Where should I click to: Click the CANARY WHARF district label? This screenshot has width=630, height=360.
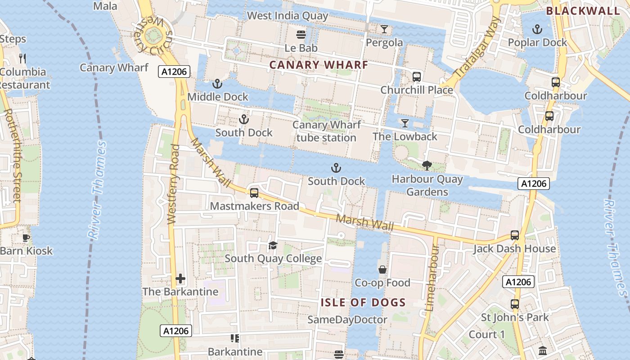tap(319, 65)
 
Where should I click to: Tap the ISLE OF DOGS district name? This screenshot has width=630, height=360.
tap(363, 302)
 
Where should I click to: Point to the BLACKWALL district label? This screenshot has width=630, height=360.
tap(583, 11)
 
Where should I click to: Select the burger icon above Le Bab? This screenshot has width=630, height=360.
tap(301, 35)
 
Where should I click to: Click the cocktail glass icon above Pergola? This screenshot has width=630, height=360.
tap(384, 29)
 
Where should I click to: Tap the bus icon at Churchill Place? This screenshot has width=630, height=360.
tap(417, 76)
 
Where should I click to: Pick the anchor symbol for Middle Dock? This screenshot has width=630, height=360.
tap(217, 84)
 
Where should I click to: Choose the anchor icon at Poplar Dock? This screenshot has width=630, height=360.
tap(537, 30)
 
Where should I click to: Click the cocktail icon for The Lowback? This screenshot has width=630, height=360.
tap(405, 123)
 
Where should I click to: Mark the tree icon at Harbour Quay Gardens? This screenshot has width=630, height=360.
tap(427, 166)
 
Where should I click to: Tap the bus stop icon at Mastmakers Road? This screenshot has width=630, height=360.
tap(254, 193)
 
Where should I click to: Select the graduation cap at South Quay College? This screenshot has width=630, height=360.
tap(273, 245)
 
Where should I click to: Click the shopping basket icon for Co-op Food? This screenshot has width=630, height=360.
tap(382, 270)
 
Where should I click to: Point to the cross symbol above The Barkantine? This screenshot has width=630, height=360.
tap(180, 279)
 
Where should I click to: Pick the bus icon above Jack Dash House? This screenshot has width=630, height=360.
tap(515, 235)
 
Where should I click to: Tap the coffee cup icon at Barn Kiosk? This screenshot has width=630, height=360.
tap(26, 238)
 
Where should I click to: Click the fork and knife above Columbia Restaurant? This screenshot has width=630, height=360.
tap(23, 58)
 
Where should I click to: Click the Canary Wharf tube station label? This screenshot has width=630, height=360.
tap(326, 131)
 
